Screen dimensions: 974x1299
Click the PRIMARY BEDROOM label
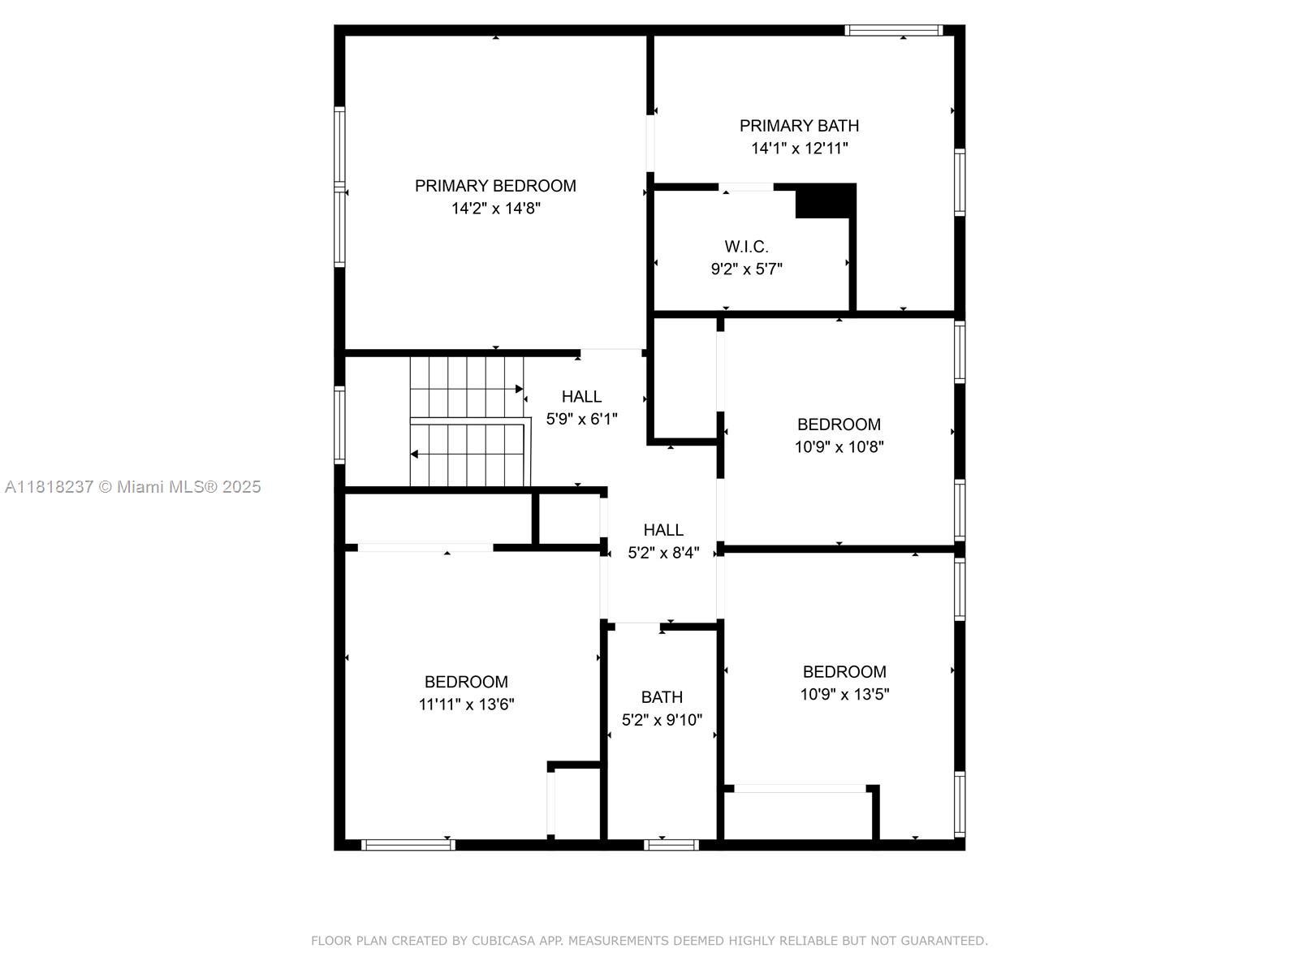pos(495,186)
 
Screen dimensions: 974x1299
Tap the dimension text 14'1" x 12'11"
pos(799,149)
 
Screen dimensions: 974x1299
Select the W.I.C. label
pos(746,247)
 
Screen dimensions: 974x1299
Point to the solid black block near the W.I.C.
pos(825,201)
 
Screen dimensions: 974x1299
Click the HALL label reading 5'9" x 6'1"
pos(581,397)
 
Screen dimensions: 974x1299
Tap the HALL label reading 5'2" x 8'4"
pos(663,530)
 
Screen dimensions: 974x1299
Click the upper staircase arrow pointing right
pos(518,389)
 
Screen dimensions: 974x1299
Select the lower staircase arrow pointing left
pos(415,454)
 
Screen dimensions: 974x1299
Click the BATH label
pos(662,697)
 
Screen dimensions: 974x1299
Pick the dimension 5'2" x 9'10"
pos(662,720)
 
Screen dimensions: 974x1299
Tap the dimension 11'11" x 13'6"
pos(466,705)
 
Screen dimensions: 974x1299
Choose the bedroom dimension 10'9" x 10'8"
pos(839,446)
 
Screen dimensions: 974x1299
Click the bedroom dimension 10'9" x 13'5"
pos(844,694)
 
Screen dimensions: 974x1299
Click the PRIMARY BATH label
pos(799,126)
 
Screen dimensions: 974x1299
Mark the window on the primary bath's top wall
pos(893,31)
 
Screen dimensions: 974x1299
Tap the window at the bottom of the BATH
pos(671,845)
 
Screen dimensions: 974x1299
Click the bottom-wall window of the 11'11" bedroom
pos(408,845)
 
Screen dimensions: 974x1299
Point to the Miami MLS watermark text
pos(133,487)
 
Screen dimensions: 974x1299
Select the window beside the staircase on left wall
pos(339,425)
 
